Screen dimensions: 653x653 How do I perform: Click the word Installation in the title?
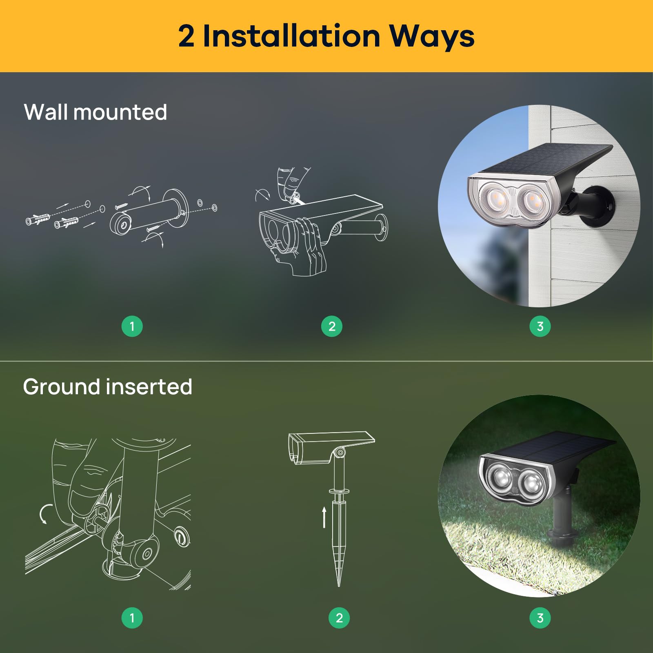pos(291,36)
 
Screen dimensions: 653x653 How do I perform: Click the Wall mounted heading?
pos(96,112)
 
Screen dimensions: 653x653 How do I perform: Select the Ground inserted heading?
pos(107,386)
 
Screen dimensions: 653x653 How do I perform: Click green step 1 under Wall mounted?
pos(132,326)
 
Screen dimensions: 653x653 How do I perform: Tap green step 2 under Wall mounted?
pos(331,326)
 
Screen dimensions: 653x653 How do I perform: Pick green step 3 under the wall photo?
pos(540,326)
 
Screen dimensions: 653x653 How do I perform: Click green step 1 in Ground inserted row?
pos(132,617)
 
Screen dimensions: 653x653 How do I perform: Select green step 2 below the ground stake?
pos(339,617)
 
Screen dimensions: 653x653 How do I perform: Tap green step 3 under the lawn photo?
pos(540,617)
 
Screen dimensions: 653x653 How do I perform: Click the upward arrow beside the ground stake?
pos(324,517)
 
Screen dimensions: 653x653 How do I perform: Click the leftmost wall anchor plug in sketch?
pos(38,220)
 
